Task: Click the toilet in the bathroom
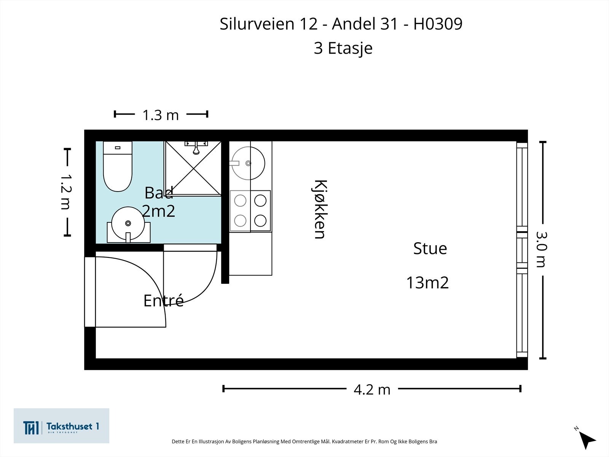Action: point(118,166)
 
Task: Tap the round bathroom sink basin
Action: point(128,224)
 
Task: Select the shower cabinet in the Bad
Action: point(193,168)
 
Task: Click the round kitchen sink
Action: point(248,163)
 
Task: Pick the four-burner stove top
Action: point(250,211)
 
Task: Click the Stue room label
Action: point(430,248)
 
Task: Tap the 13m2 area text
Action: point(427,283)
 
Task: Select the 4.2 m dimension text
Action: point(372,390)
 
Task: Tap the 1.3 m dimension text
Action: point(161,115)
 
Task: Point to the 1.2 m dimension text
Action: point(66,192)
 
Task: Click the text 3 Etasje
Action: point(343,48)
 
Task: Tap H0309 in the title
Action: point(438,24)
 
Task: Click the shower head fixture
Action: point(196,148)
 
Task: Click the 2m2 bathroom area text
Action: point(158,211)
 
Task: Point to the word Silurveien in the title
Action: point(257,24)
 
